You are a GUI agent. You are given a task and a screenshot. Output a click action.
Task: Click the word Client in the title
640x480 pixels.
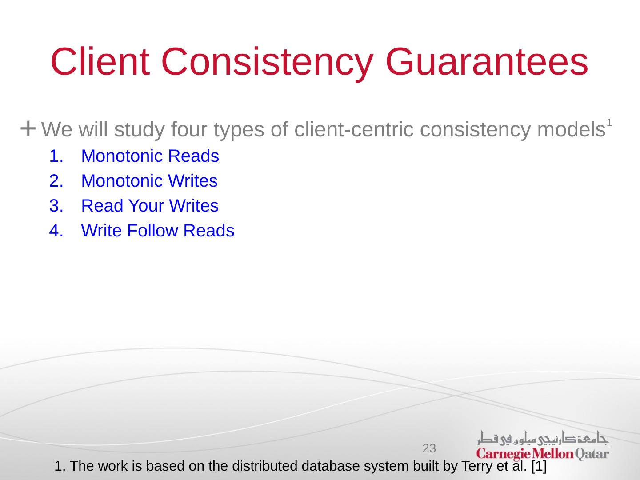pyautogui.click(x=100, y=62)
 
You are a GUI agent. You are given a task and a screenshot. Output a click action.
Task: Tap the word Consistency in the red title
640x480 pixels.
pyautogui.click(x=267, y=64)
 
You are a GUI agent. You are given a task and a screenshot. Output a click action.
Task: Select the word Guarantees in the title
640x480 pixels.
pyautogui.click(x=487, y=62)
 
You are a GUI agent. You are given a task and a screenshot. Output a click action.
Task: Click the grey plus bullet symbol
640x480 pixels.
pyautogui.click(x=28, y=128)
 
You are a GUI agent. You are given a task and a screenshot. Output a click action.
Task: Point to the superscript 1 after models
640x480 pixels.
pyautogui.click(x=609, y=122)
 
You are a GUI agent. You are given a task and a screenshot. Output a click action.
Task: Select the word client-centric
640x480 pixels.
pyautogui.click(x=354, y=129)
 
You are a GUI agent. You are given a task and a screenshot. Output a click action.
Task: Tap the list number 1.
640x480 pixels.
pyautogui.click(x=56, y=156)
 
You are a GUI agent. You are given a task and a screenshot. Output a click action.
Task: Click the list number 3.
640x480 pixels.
pyautogui.click(x=56, y=206)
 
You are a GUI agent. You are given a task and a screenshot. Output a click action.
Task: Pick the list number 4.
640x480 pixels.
pyautogui.click(x=56, y=231)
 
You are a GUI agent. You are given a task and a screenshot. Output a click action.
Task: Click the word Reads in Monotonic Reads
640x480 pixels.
pyautogui.click(x=193, y=156)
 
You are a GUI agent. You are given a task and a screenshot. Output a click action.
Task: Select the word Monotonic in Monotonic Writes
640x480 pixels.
pyautogui.click(x=122, y=181)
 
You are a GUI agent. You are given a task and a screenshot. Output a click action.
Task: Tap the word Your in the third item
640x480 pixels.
pyautogui.click(x=146, y=206)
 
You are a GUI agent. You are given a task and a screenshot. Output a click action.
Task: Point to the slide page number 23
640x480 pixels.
pyautogui.click(x=429, y=448)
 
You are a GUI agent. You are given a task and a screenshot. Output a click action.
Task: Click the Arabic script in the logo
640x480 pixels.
pyautogui.click(x=543, y=438)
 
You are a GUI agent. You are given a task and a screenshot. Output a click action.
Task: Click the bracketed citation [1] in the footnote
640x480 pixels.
pyautogui.click(x=539, y=466)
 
